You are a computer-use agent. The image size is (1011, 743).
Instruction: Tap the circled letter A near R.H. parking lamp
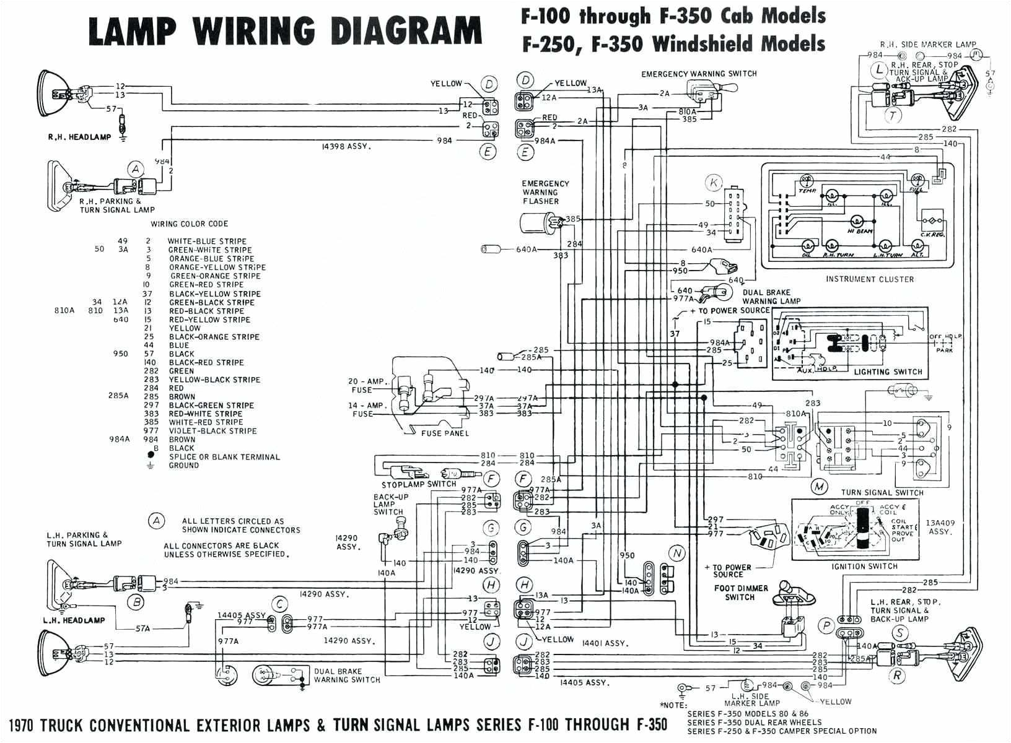135,169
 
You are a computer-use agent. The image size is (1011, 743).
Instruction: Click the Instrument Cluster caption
869,279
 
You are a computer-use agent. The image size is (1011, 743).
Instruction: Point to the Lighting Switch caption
888,372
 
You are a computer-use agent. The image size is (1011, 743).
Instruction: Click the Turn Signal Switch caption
883,493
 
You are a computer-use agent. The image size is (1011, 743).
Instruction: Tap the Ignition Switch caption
865,567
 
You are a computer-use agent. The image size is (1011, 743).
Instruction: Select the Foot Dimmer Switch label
740,593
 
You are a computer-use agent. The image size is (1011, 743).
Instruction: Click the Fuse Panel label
444,433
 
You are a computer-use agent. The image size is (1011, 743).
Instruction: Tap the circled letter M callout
820,487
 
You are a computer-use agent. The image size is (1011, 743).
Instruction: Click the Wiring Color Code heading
190,224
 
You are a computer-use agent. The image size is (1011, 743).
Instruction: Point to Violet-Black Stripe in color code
212,431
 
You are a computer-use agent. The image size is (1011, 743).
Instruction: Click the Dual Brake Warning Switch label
347,676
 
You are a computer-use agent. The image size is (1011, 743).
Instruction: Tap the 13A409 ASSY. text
940,527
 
